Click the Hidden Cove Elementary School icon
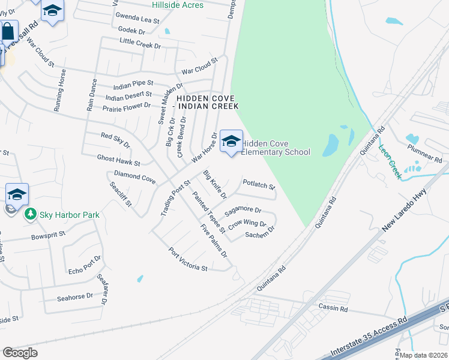[x=231, y=142]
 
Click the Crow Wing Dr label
[x=247, y=223]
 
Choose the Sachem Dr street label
[x=260, y=232]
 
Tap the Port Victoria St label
[x=187, y=259]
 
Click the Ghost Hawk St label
[x=118, y=159]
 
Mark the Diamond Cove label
[x=134, y=177]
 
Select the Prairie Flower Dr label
[x=126, y=106]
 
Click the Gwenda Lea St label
[x=137, y=19]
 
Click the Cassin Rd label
[x=334, y=308]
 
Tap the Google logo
[x=20, y=352]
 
